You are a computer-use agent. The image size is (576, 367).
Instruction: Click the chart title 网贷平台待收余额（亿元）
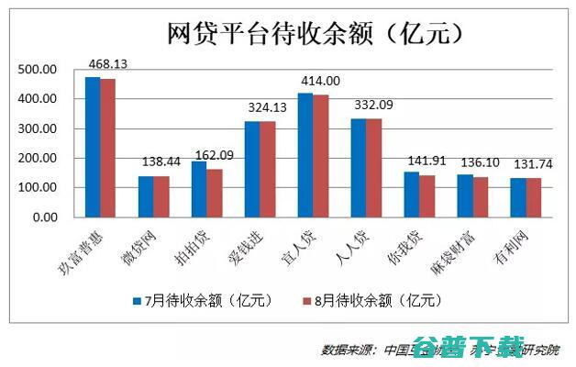313,34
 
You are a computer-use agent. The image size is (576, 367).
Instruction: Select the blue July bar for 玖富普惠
92,147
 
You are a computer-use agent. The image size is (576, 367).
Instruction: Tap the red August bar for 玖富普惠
107,148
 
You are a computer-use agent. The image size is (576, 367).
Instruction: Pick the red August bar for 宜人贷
320,156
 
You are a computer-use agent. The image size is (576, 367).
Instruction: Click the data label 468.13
106,63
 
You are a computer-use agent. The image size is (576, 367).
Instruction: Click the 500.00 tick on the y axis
39,70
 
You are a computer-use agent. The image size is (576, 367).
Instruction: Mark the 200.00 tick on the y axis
39,159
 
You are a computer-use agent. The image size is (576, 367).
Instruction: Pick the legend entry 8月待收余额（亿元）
377,300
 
